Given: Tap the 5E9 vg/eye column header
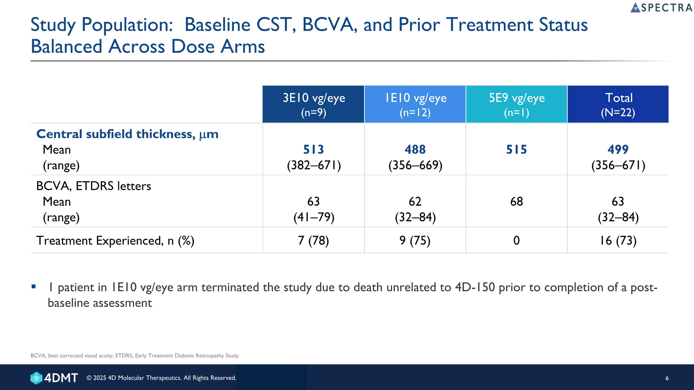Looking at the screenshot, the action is [x=517, y=104].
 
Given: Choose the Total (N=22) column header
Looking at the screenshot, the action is [x=618, y=104].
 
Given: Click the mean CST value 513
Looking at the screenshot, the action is [x=314, y=149].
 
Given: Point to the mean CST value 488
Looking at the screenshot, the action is [x=415, y=149].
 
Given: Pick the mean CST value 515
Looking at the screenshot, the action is [x=517, y=149].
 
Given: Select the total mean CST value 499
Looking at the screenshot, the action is [x=618, y=149].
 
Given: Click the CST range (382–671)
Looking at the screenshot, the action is [x=314, y=165].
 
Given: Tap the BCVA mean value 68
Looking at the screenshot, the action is [x=517, y=201].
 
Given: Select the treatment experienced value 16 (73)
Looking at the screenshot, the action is [x=618, y=240].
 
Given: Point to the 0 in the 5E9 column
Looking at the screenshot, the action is [x=517, y=240].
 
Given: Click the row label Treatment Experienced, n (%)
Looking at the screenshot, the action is [x=115, y=240].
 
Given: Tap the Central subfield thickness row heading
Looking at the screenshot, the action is [x=127, y=134].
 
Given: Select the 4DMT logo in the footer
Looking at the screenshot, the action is [x=54, y=378].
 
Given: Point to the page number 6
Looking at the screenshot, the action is [x=667, y=378].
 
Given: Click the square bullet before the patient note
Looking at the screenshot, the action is [x=34, y=286].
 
